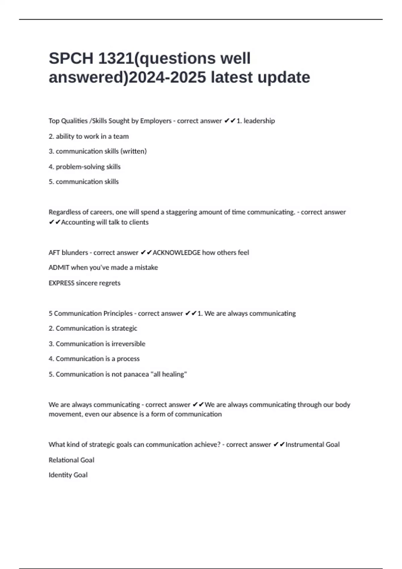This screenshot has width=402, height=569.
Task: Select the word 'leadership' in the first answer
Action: (259, 121)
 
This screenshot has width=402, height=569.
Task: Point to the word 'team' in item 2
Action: (121, 136)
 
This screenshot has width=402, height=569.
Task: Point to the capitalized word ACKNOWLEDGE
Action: (176, 253)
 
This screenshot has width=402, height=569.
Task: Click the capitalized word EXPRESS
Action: (61, 283)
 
